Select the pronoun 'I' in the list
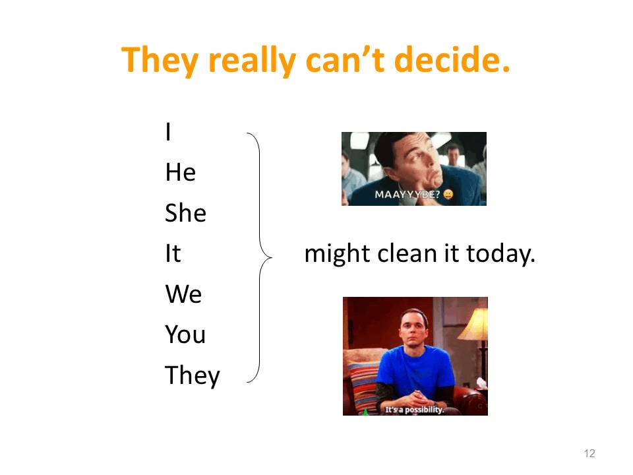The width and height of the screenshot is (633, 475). coord(168,131)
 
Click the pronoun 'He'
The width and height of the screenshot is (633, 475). coord(181,172)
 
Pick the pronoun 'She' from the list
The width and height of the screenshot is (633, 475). coord(186,212)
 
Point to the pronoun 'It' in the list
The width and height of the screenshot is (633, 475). coord(173,253)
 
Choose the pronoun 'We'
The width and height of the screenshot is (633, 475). coord(184,294)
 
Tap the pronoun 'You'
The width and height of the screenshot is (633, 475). coord(185,334)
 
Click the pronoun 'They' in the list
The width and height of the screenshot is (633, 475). coord(193,375)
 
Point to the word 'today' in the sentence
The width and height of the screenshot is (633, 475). coord(500,254)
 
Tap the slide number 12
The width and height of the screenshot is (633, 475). coord(589,453)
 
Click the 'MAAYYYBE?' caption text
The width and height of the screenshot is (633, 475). coord(407,195)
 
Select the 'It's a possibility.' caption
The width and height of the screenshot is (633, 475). coord(414,410)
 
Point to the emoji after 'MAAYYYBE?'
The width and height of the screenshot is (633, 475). coord(448,194)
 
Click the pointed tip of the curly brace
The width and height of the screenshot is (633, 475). coord(272,257)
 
